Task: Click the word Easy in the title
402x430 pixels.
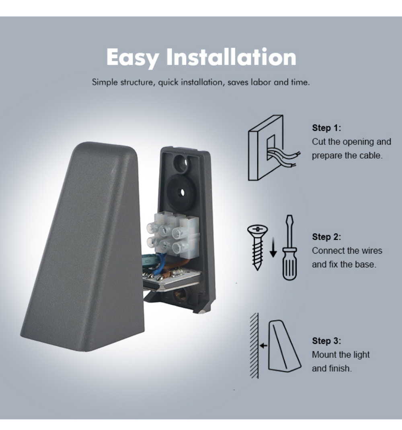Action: pos(133,57)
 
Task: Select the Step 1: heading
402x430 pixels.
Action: pos(326,128)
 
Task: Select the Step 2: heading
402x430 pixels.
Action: pos(326,237)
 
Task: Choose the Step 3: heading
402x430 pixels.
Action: pos(326,341)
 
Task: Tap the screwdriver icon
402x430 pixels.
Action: pos(289,248)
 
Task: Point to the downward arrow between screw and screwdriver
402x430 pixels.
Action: pos(273,247)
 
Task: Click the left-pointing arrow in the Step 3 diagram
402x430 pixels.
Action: pos(263,345)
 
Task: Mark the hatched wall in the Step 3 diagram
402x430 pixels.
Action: pos(254,345)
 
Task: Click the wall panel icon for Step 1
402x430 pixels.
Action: pos(266,147)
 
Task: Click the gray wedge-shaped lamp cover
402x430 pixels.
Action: pos(82,247)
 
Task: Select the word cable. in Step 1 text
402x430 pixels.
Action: pos(371,155)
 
